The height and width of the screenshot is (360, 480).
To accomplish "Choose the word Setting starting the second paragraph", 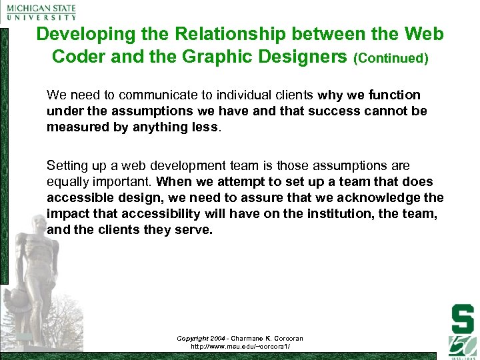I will click(x=65, y=165).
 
